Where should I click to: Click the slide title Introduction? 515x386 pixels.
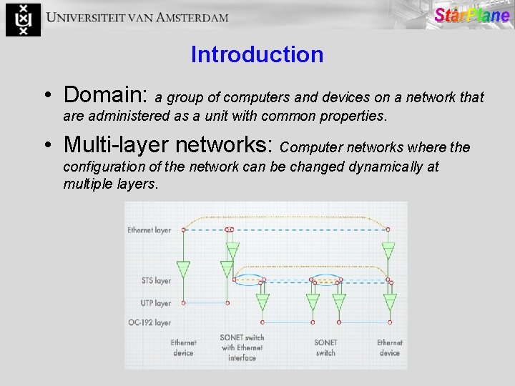click(257, 54)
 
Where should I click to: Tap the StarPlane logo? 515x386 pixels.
click(471, 16)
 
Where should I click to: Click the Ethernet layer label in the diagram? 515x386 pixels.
click(149, 230)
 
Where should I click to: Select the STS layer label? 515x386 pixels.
click(157, 281)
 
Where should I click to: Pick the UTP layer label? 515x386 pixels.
click(157, 303)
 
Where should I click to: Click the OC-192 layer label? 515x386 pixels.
click(149, 322)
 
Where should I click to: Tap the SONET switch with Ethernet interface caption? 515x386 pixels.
click(242, 347)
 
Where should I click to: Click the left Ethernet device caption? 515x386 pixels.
click(183, 347)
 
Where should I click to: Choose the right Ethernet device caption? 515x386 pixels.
click(389, 347)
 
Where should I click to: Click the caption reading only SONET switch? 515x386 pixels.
click(325, 347)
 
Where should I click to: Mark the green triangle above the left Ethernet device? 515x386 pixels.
click(183, 269)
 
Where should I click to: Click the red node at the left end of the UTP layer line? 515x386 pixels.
click(183, 303)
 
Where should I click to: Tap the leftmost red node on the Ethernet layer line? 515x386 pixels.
click(183, 229)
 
